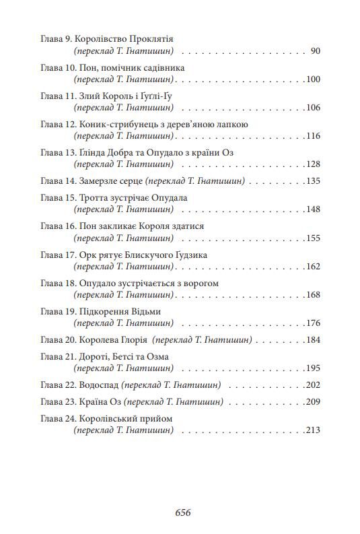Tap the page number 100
(x=312, y=79)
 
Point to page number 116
(x=312, y=136)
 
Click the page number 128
(x=312, y=164)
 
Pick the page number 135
(x=312, y=181)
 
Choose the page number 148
(x=312, y=209)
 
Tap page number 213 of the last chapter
(x=312, y=430)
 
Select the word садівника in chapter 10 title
(x=159, y=67)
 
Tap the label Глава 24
(x=57, y=418)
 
